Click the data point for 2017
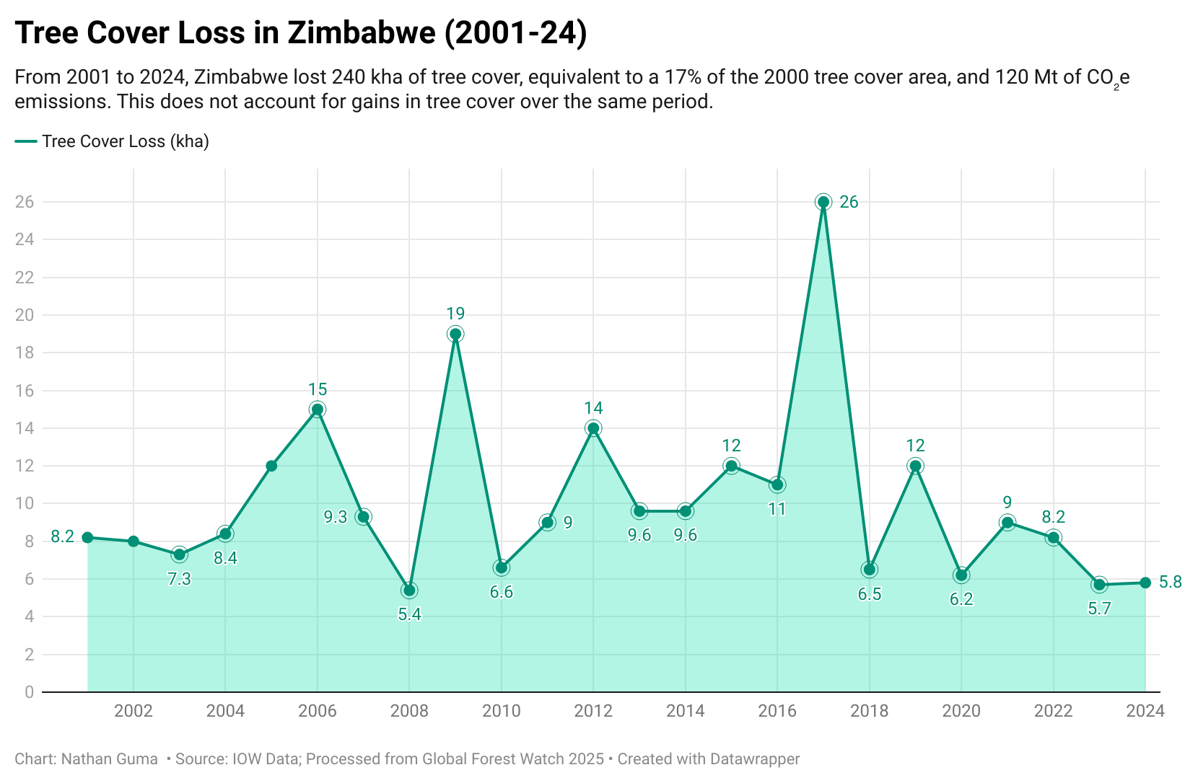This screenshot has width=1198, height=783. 823,202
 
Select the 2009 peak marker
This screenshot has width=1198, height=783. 455,334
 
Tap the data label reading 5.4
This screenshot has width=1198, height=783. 409,614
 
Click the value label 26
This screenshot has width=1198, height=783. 849,202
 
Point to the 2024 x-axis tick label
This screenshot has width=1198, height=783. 1145,711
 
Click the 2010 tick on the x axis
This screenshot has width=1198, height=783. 502,711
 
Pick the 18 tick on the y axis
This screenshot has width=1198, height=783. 25,353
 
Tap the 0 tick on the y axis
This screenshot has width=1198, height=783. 29,692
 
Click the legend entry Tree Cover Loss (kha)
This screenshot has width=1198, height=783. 125,141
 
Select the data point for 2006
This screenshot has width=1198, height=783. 317,410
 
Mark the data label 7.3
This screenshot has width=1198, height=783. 179,579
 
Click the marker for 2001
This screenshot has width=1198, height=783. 87,537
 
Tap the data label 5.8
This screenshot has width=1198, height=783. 1170,583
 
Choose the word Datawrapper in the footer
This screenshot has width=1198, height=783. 755,759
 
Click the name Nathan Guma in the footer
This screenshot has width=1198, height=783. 110,759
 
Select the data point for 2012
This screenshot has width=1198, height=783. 593,428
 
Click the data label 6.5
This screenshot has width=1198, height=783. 870,594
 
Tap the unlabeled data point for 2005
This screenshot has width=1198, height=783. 271,466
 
